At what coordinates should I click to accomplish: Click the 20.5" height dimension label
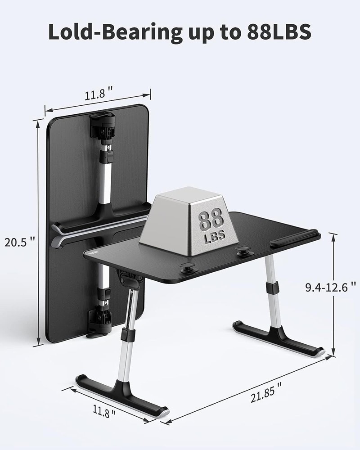(19, 242)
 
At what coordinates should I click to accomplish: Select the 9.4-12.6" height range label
(331, 287)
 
